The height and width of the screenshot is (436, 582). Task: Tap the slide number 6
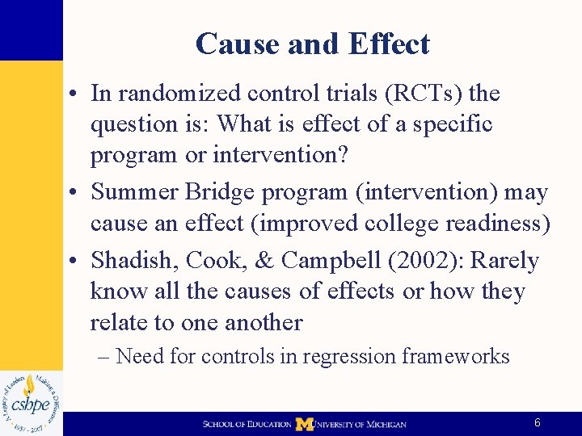(538, 423)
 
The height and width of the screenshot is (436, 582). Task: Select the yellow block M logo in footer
(304, 424)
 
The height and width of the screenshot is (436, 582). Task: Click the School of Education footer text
(247, 424)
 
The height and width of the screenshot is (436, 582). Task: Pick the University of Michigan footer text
(361, 424)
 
